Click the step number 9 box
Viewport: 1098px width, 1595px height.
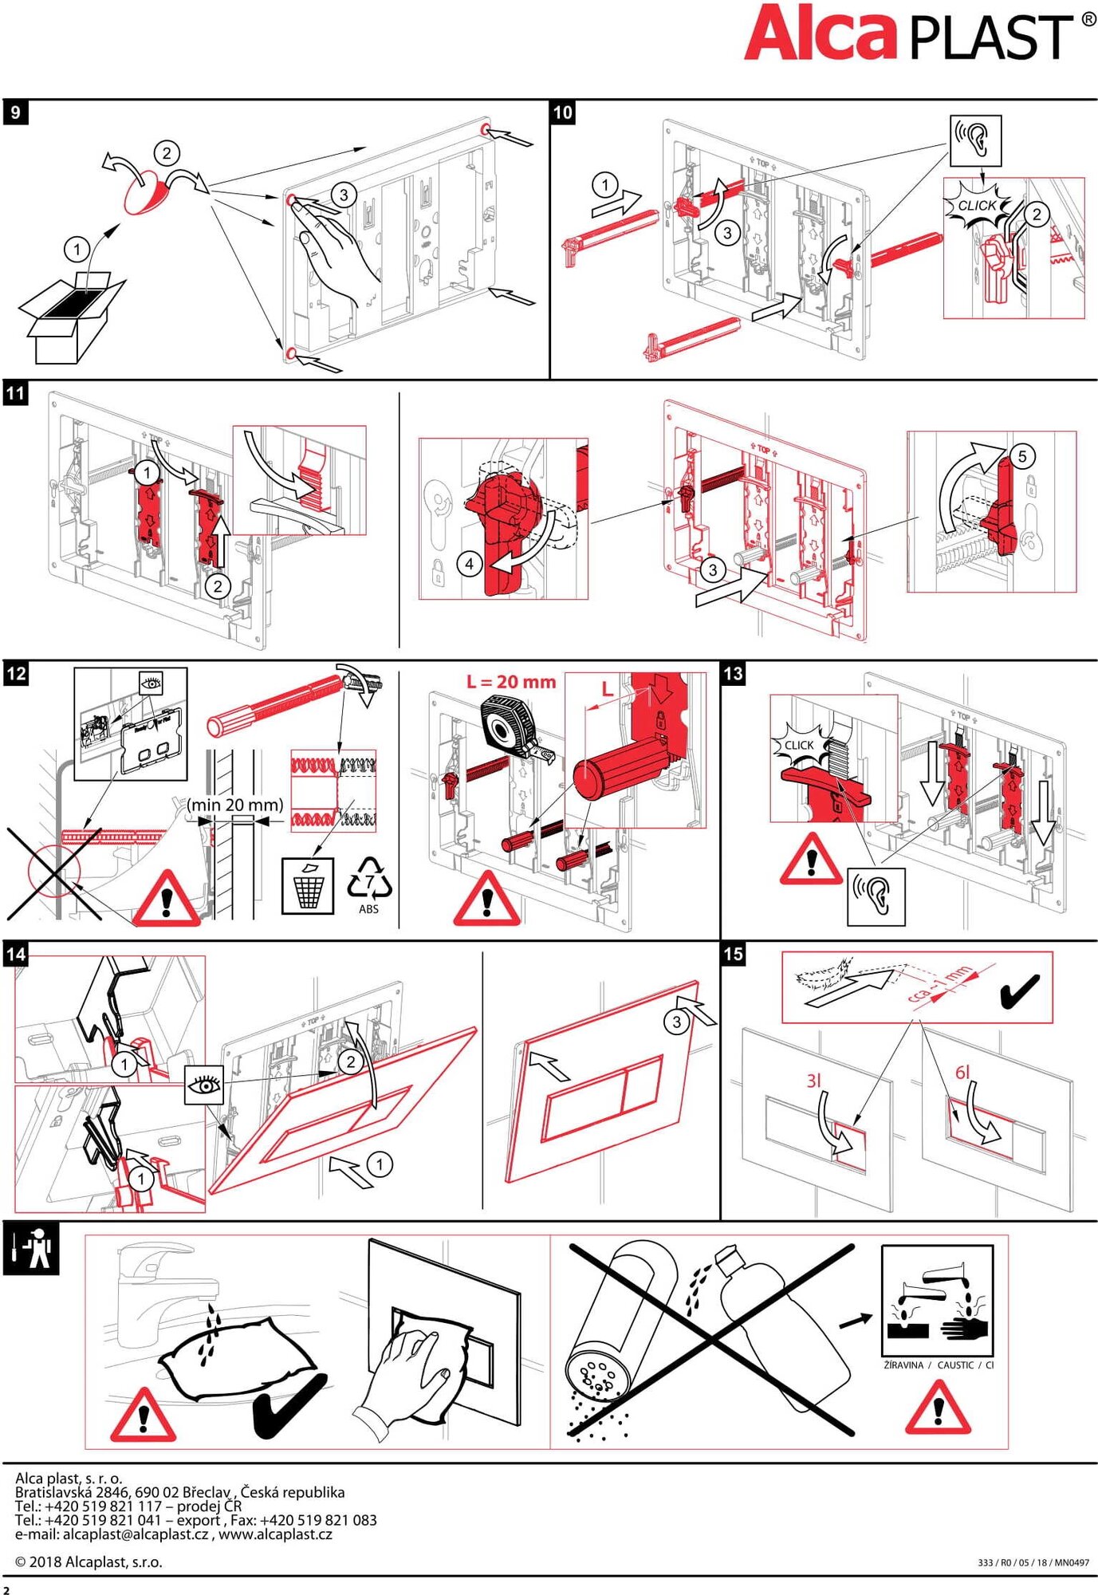point(15,112)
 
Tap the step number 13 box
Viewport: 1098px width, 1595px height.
point(733,674)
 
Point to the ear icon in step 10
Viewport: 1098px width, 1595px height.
point(975,140)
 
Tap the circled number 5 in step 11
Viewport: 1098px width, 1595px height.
point(1022,455)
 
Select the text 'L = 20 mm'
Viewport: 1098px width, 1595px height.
point(511,682)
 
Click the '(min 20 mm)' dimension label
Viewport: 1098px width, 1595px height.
point(235,805)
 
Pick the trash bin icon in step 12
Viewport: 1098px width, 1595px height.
point(308,885)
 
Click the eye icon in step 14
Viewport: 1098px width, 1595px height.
point(204,1085)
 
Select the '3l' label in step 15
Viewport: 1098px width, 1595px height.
point(813,1081)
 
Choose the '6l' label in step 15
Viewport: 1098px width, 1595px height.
point(962,1073)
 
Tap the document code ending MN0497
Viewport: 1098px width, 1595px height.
point(1033,1562)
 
